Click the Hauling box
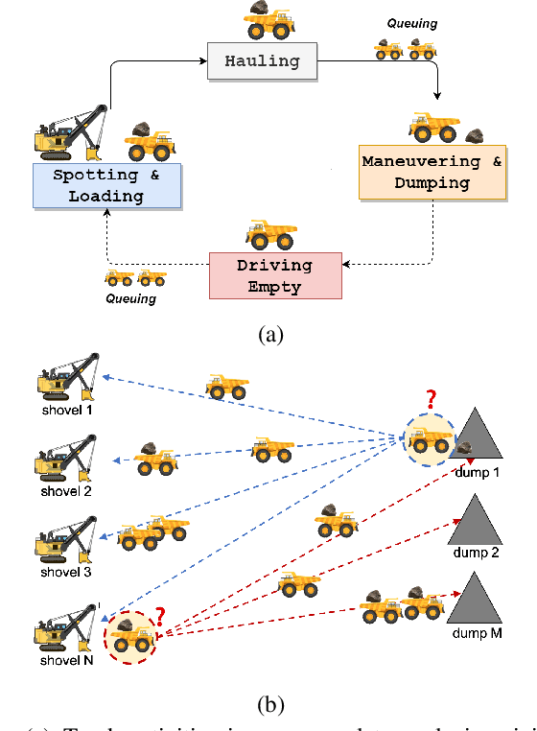(x=262, y=61)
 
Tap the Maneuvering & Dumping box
(x=432, y=173)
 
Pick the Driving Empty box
(x=275, y=275)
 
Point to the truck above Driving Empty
(x=271, y=235)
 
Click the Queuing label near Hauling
(x=410, y=24)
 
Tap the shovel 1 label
(x=60, y=410)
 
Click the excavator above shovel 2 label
(x=65, y=460)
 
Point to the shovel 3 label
(x=60, y=573)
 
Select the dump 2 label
(x=477, y=553)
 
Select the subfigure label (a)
(x=268, y=334)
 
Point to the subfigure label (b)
(x=269, y=706)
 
